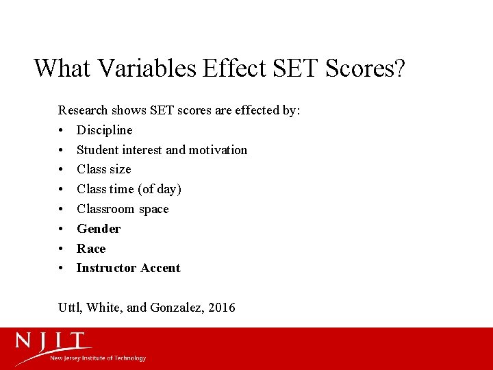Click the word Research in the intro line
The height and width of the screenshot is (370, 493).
click(x=83, y=110)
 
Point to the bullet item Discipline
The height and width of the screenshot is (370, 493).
click(x=105, y=129)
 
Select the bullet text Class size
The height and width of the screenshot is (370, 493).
click(x=104, y=169)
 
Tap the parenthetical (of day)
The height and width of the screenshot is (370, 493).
click(x=160, y=189)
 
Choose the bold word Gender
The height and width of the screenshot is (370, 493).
click(x=99, y=229)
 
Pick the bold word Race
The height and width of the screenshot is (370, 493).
click(x=91, y=249)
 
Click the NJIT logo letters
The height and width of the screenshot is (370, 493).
click(x=54, y=342)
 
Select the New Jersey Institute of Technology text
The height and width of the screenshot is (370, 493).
click(x=98, y=358)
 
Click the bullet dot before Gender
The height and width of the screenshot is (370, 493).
click(x=62, y=229)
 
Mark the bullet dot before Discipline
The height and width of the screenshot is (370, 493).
click(x=62, y=130)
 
